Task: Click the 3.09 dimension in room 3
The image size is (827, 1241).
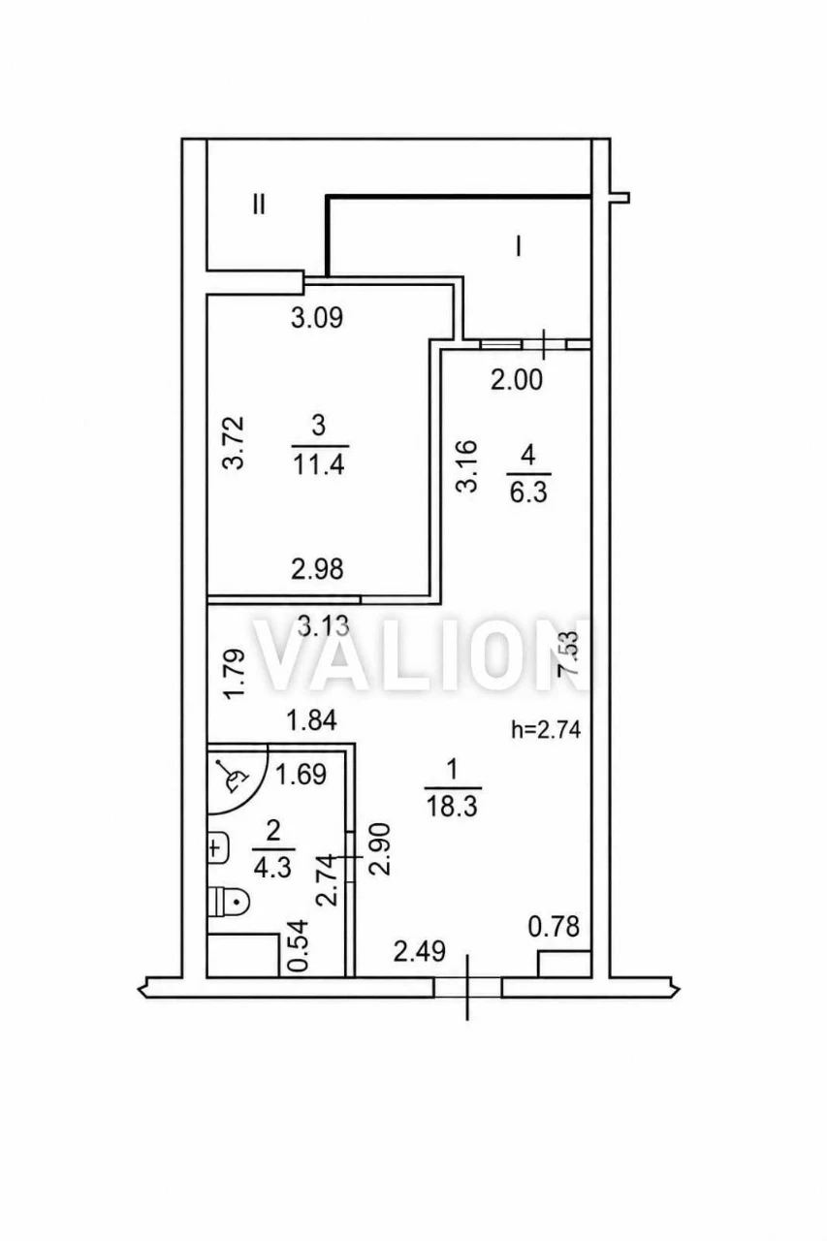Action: [x=317, y=318]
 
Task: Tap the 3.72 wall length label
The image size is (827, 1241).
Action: [x=234, y=443]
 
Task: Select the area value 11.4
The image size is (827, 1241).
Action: [x=319, y=464]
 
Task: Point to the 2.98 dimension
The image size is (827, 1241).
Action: [x=317, y=569]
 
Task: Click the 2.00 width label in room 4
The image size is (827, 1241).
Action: [x=517, y=381]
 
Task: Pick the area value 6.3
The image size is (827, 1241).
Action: [x=528, y=492]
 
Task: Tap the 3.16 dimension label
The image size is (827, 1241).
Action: [x=466, y=466]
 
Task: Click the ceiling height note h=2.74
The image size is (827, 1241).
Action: [x=546, y=730]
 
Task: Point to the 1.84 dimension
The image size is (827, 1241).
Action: [x=312, y=720]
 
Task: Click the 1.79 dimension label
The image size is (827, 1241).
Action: [x=235, y=674]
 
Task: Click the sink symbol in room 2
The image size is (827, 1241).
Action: [x=218, y=847]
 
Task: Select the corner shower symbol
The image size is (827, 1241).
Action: [x=239, y=779]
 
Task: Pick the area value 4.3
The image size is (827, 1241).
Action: [x=272, y=868]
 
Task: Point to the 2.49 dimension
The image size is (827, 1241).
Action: [x=419, y=952]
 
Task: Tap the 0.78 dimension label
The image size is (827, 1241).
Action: [x=554, y=926]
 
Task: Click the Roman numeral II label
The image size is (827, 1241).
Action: [x=259, y=205]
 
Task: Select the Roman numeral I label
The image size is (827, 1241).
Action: [x=519, y=245]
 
